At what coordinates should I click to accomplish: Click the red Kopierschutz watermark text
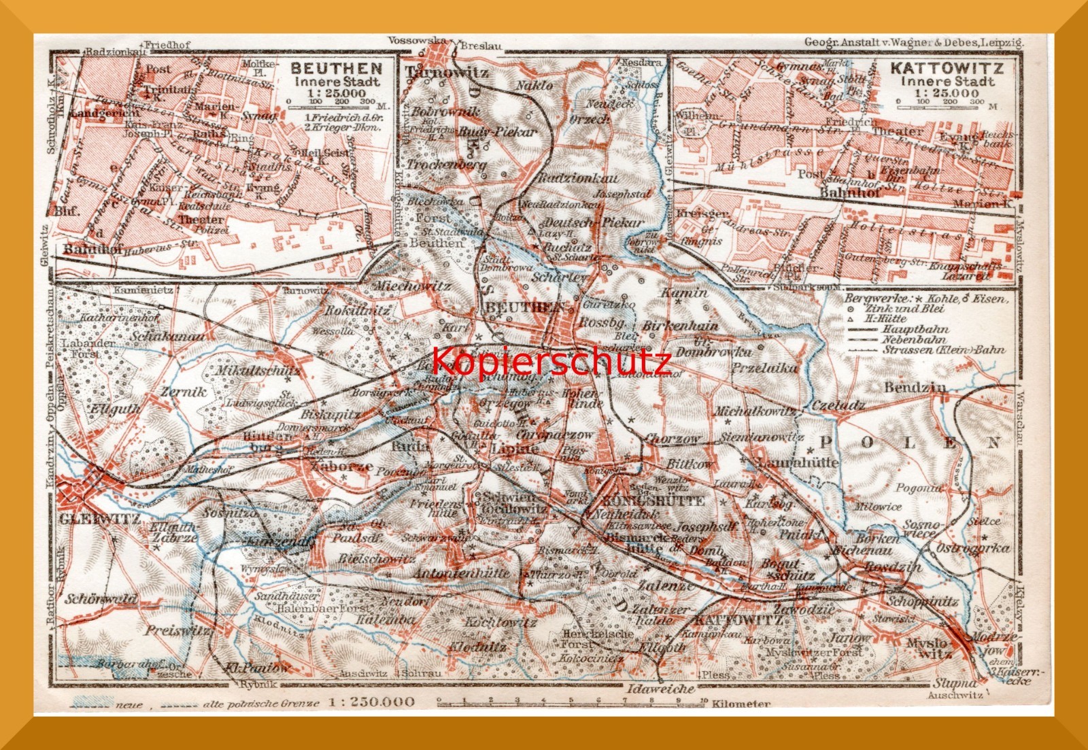[x=551, y=362]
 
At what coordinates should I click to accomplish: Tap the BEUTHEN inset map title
[x=336, y=69]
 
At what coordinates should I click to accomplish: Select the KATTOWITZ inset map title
[x=947, y=69]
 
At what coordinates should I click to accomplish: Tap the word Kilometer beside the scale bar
[x=741, y=704]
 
